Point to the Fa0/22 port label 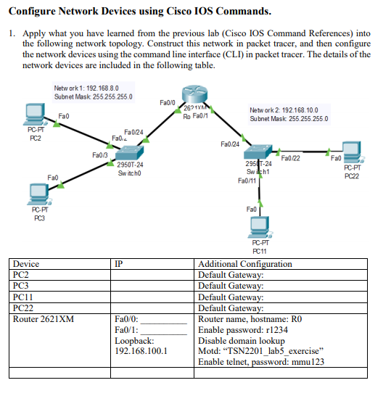click(290, 158)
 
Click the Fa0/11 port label click(247, 180)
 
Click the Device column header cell click(27, 264)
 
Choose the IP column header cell click(120, 264)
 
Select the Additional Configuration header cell click(245, 264)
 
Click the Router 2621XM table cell click(44, 318)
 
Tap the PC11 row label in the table click(23, 297)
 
